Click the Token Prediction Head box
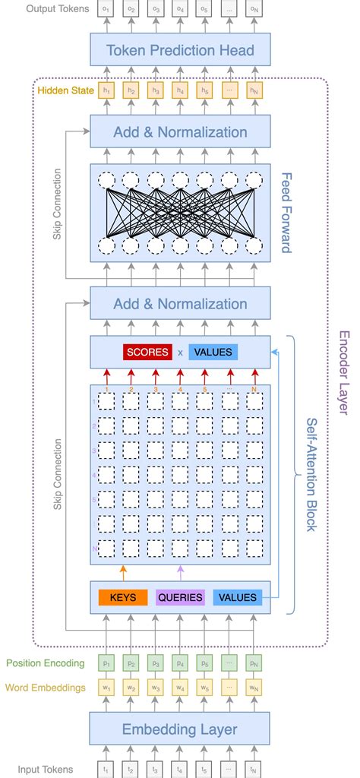tap(180, 52)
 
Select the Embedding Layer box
tap(180, 729)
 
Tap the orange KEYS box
tap(122, 597)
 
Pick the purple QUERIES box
tap(180, 597)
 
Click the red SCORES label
tap(147, 353)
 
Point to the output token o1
tap(107, 9)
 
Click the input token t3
tap(156, 768)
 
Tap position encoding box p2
tap(131, 663)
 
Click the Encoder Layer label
tap(344, 372)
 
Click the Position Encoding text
tap(45, 663)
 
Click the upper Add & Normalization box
tap(180, 132)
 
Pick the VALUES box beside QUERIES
tap(236, 597)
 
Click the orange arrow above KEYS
tap(122, 572)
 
